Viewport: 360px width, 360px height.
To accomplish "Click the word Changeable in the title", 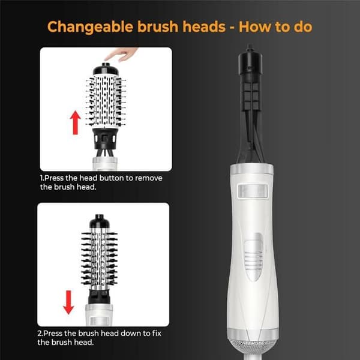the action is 90,27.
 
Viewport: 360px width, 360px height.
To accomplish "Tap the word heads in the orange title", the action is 204,26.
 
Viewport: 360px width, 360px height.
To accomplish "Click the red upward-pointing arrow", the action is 76,122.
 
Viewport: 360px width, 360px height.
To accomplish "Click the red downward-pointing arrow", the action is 68,302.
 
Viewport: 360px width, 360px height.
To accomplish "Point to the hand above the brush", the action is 121,54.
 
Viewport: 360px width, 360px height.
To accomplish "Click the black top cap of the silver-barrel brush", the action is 99,221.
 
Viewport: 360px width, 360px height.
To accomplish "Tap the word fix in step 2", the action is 157,333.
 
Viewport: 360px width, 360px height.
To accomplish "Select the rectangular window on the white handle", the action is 253,191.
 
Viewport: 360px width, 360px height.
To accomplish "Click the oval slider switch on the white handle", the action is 253,257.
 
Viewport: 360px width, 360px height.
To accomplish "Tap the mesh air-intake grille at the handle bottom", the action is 253,347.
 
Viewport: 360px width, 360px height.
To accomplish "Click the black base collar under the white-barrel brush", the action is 105,138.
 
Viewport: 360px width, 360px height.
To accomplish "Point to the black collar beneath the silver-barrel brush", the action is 99,296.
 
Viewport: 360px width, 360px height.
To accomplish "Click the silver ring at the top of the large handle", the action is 252,169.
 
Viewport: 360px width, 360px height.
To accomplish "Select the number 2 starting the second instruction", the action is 39,333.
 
